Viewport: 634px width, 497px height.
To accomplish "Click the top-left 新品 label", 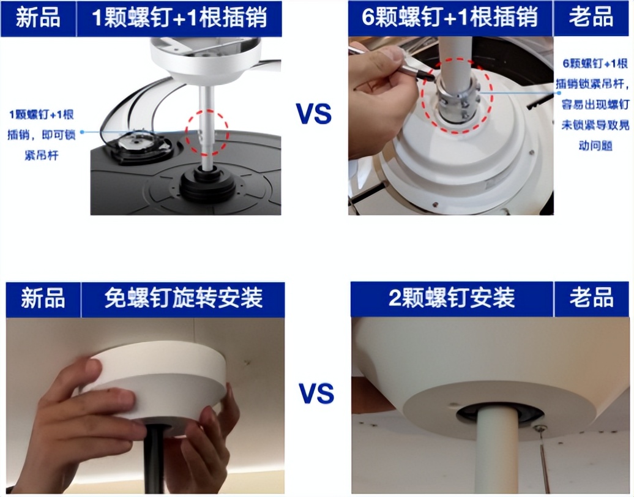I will point(38,18).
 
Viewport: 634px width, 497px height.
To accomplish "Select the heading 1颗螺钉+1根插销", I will point(179,18).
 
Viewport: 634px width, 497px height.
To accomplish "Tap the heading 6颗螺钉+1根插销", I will point(450,18).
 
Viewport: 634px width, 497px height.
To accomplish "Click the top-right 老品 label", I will point(591,18).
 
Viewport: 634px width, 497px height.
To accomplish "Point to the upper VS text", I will point(314,114).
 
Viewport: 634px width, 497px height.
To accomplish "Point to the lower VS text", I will point(316,393).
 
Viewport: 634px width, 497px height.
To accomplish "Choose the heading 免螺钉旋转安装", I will point(183,299).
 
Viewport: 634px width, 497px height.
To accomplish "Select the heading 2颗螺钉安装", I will point(452,299).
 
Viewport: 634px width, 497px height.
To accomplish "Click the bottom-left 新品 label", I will point(43,299).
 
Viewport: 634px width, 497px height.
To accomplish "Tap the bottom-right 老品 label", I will point(591,299).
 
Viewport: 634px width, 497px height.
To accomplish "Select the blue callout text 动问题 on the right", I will point(595,146).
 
